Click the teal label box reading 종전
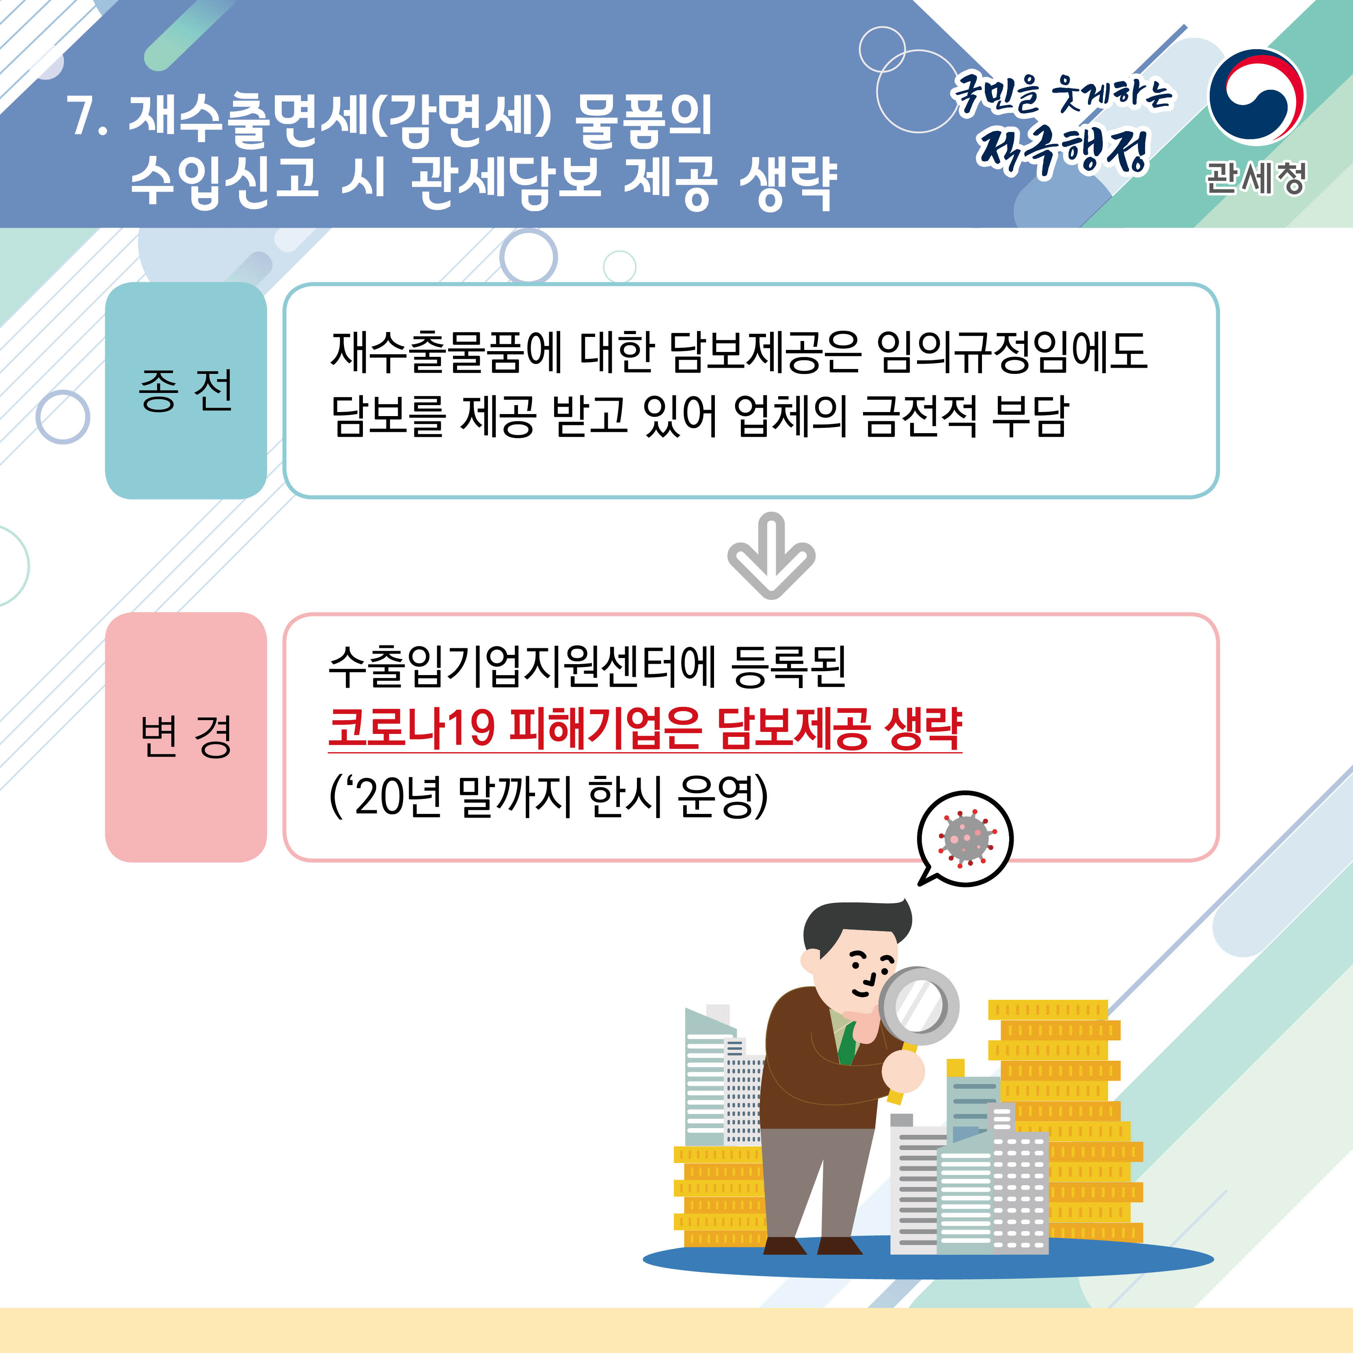(x=186, y=390)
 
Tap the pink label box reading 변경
(x=186, y=737)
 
